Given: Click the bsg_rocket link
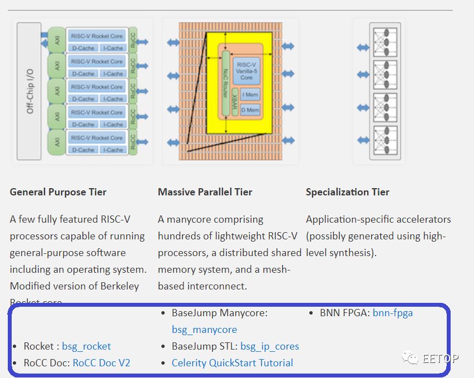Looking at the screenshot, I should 86,346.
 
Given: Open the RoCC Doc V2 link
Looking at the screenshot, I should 101,363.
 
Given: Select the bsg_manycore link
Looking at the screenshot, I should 204,330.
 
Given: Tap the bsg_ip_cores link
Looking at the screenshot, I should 269,346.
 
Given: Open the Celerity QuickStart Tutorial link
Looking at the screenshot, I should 232,363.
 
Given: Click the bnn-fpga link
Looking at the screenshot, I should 393,313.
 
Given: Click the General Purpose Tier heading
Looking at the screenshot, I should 58,192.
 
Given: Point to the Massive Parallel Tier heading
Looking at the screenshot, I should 205,192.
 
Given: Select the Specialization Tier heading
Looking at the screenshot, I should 348,192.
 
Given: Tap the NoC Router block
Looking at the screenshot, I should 226,82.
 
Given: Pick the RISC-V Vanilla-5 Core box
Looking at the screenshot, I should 246,71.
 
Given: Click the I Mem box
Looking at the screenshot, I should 250,96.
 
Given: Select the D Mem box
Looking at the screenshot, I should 250,110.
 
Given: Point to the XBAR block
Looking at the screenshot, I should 236,102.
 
